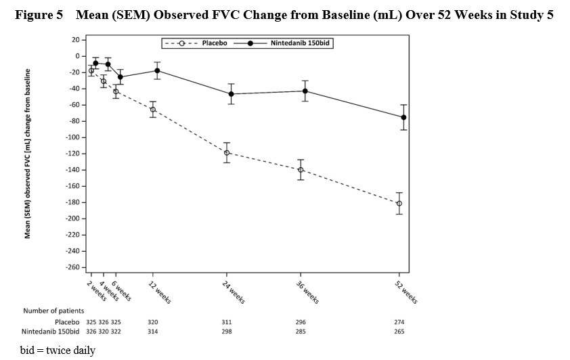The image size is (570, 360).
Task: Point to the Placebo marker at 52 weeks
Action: pos(399,204)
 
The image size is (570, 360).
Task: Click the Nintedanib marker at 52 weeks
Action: pos(403,117)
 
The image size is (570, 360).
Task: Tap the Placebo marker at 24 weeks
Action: pos(227,153)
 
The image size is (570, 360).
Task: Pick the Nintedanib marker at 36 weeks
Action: pos(305,91)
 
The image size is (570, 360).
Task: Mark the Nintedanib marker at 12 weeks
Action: pos(157,71)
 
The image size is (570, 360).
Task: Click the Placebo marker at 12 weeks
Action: pos(153,110)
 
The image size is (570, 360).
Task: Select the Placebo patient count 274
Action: pos(400,321)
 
